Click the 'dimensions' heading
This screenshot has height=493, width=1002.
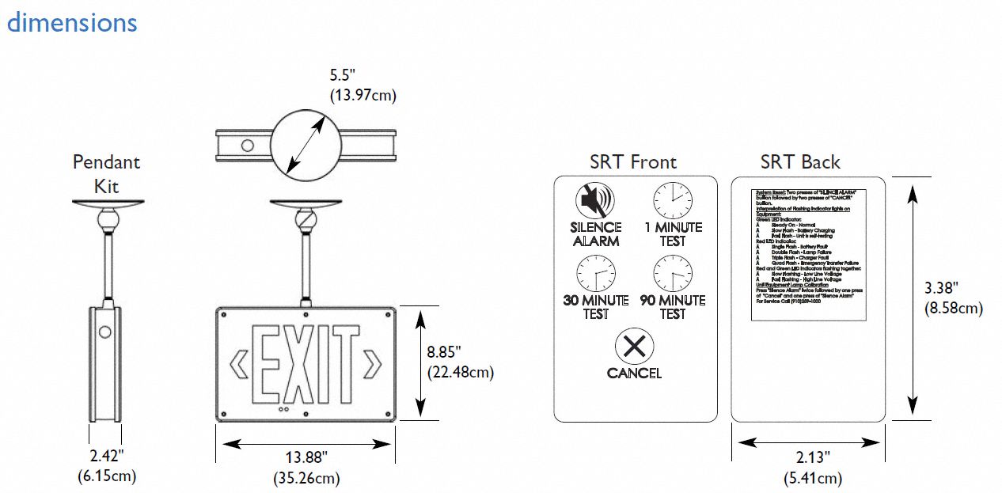[72, 22]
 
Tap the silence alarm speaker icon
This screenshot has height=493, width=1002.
[595, 200]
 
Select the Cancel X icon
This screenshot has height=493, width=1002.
[634, 347]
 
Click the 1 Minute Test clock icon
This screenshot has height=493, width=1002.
[672, 201]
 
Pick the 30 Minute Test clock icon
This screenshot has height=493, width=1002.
[595, 275]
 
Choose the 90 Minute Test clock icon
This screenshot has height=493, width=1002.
[672, 275]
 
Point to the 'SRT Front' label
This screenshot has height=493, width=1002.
[633, 162]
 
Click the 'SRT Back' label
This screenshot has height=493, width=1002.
[800, 162]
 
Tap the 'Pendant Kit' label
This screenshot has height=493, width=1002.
[106, 174]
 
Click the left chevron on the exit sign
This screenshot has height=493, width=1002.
[238, 365]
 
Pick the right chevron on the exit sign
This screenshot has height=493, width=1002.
[372, 365]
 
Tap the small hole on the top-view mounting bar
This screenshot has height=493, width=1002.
[248, 146]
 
